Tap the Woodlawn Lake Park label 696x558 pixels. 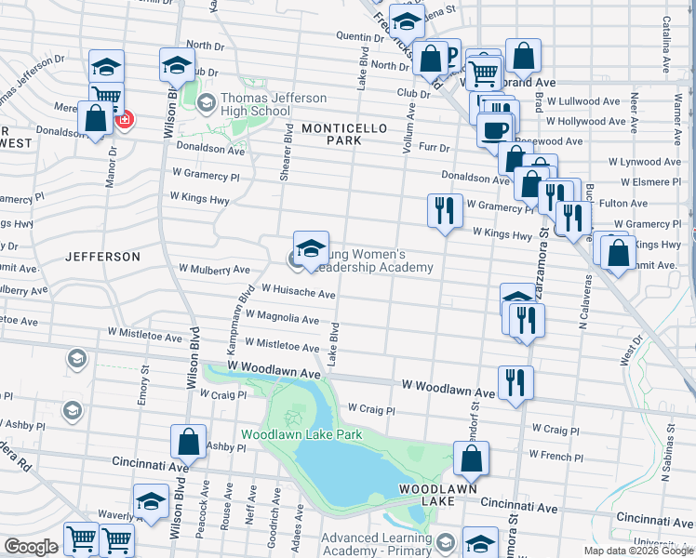click(301, 434)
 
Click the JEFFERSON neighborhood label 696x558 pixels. click(103, 256)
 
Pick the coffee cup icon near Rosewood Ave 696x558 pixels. click(495, 129)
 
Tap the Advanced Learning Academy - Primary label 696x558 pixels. click(377, 543)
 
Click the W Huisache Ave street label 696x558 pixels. click(298, 293)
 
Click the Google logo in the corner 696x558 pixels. click(31, 547)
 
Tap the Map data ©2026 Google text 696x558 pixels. click(637, 551)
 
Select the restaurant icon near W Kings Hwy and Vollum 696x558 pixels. click(445, 210)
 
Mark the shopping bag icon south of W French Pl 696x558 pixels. click(471, 458)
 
